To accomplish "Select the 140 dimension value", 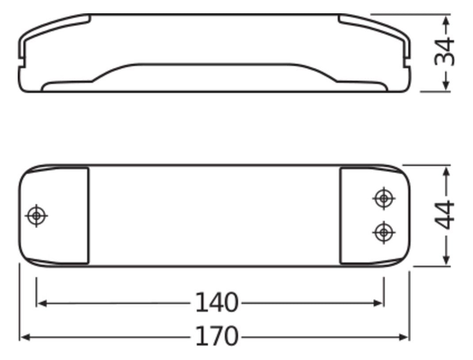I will [x=217, y=303].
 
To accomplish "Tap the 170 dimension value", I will [x=217, y=337].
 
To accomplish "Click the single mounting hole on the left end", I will [x=37, y=216].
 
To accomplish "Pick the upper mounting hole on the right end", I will [x=383, y=198].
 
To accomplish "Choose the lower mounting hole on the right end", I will [x=383, y=231].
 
